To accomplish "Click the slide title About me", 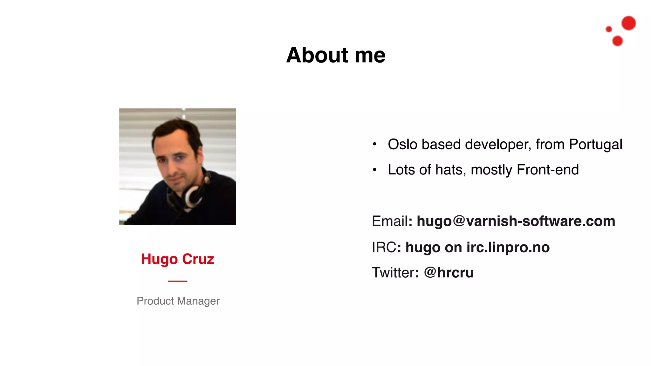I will (336, 55).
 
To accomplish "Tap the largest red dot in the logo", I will (628, 23).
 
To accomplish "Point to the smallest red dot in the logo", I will (609, 29).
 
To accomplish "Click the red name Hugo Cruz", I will (178, 259).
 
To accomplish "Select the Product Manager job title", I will (178, 301).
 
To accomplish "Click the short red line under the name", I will (178, 281).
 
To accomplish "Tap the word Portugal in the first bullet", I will (595, 145).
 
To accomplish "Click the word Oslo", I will (402, 145).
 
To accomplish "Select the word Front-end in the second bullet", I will (548, 170).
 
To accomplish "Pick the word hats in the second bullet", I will (450, 170).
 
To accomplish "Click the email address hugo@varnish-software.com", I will (516, 221).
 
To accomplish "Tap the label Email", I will (390, 221).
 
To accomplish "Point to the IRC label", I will (384, 247).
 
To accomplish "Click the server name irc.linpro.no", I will (508, 247).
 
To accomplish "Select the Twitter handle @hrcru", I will (449, 273).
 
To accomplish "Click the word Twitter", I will (393, 273).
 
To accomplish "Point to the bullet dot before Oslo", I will (375, 144).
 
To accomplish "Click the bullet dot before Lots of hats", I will (375, 170).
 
